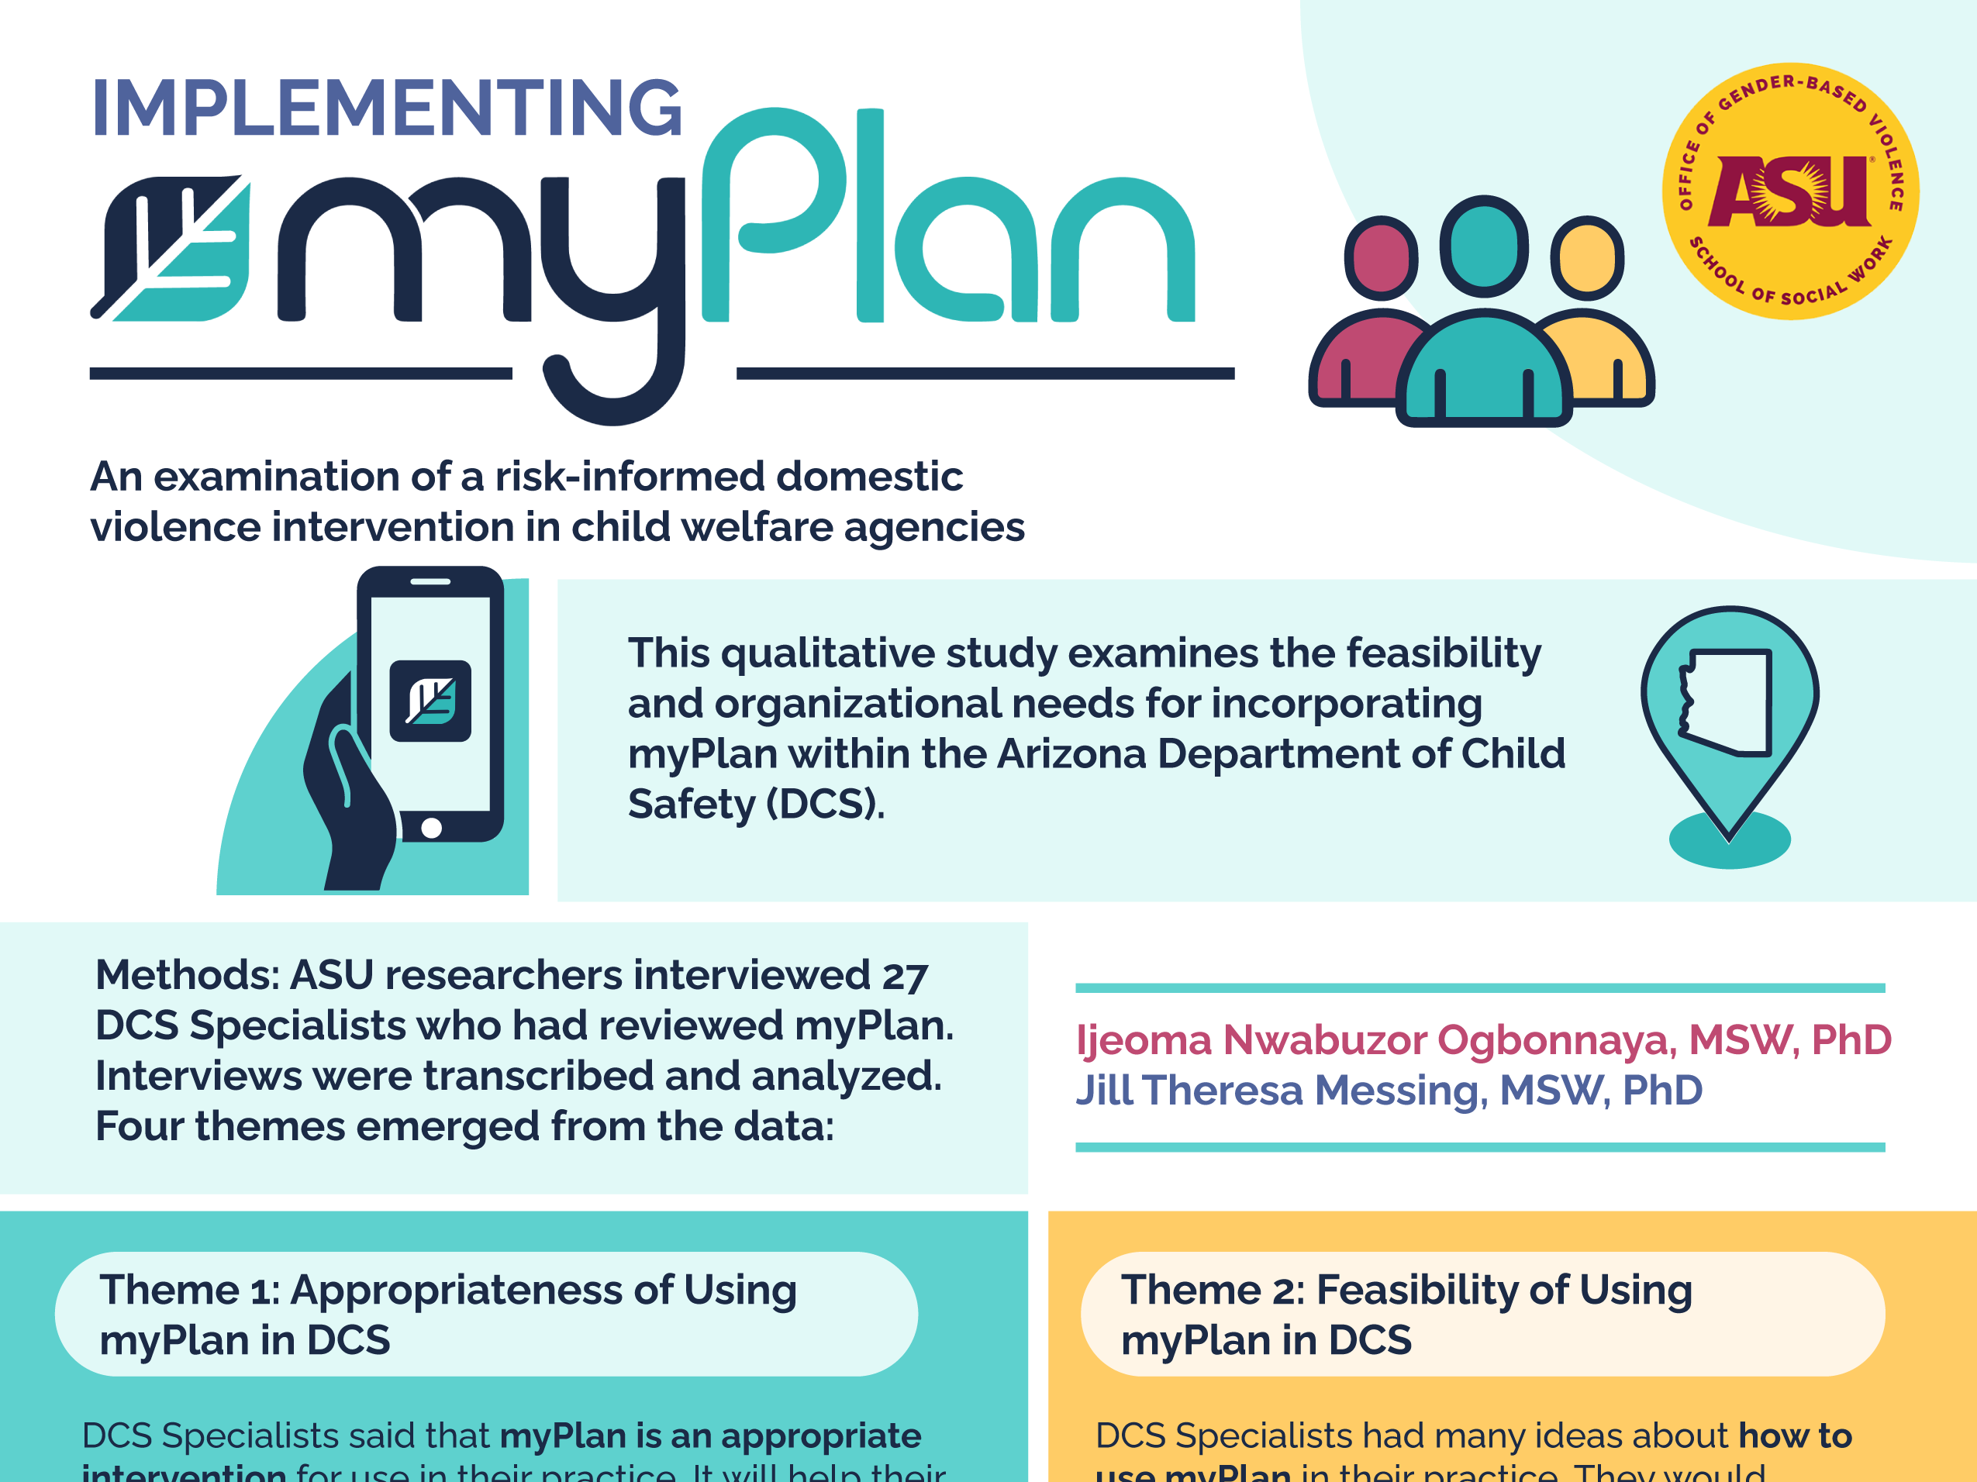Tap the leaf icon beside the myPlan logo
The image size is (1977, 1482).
point(171,248)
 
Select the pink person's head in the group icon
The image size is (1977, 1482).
point(1381,258)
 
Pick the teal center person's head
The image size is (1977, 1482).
point(1484,246)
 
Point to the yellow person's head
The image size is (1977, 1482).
point(1587,258)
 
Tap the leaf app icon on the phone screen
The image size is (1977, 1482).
point(431,701)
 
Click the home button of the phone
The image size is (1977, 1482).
point(432,828)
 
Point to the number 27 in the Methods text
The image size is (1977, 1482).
point(905,976)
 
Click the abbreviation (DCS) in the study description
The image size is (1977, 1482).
point(825,804)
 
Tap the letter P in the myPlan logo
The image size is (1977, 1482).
point(773,215)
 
